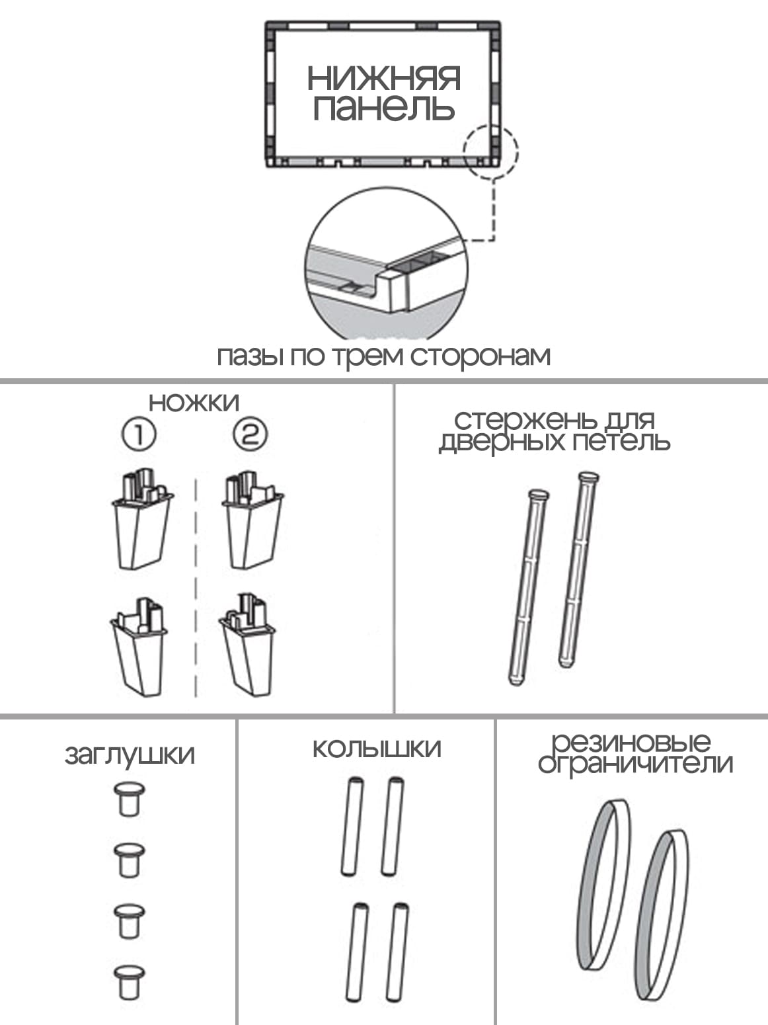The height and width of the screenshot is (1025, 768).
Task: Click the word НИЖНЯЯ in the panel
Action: click(x=383, y=78)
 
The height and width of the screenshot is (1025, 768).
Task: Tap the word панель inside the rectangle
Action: click(x=383, y=108)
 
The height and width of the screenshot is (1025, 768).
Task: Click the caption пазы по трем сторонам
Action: click(x=383, y=356)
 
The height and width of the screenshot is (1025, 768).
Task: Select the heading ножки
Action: click(x=194, y=403)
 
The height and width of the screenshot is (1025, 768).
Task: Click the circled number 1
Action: click(x=139, y=434)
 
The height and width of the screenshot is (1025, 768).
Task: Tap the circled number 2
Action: click(x=250, y=434)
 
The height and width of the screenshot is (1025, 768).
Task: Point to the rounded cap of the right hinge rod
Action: click(x=589, y=477)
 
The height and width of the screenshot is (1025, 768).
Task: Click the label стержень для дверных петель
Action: click(x=555, y=430)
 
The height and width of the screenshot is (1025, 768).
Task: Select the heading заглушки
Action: click(x=130, y=755)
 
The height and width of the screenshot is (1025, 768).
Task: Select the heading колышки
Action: click(x=377, y=749)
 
